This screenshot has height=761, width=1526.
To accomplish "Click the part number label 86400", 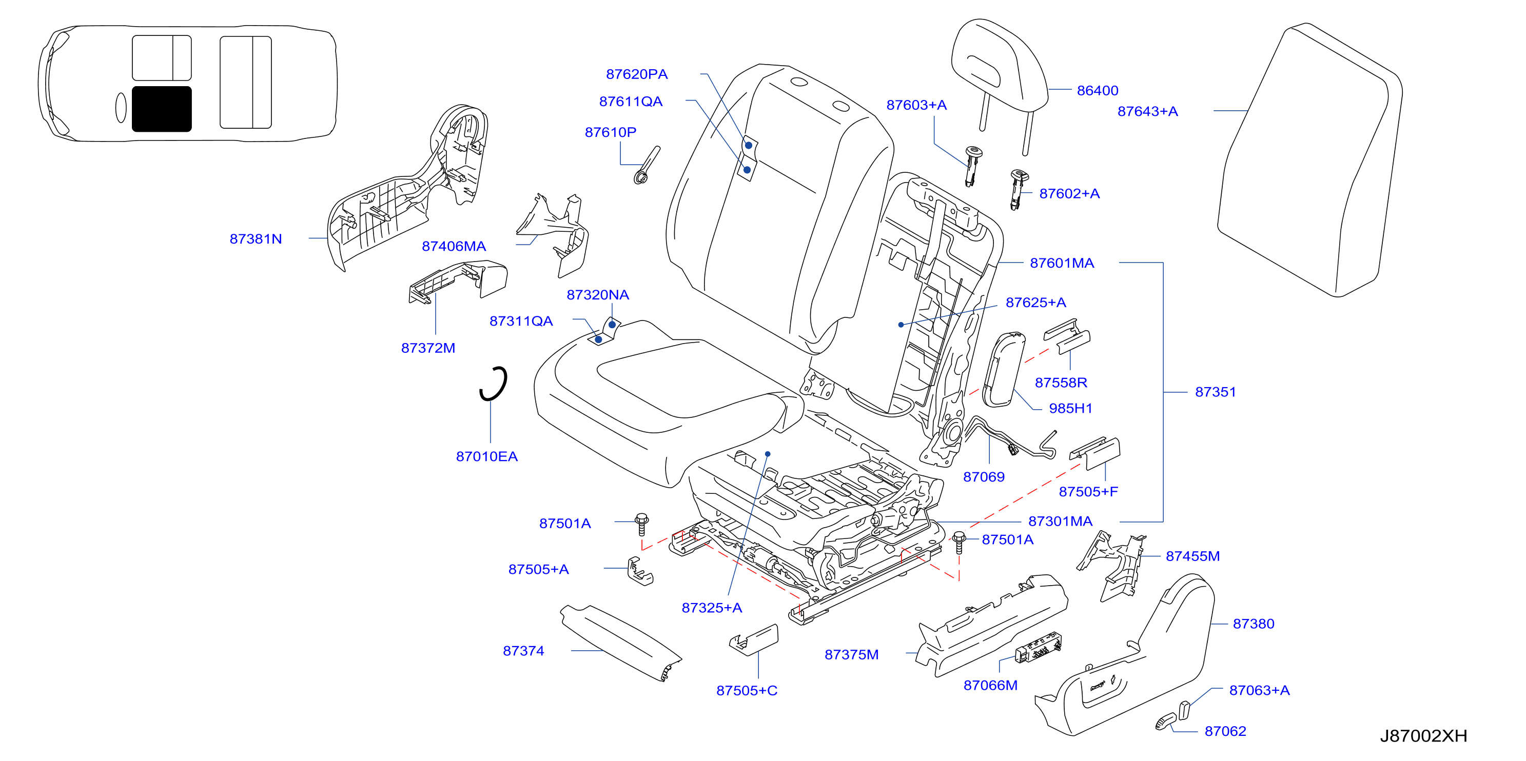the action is point(1097,91).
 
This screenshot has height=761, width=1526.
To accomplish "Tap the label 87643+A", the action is point(1147,111).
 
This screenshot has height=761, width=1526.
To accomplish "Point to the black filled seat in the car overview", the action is point(162,109).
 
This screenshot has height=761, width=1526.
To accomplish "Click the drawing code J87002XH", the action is point(1423,735).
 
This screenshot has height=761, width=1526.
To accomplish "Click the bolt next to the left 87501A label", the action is point(641,524).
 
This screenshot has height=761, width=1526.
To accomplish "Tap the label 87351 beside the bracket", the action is point(1215,392).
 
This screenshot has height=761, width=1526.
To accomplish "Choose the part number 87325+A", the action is point(712,608).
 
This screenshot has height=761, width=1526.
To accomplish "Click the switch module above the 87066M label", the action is point(1039,647).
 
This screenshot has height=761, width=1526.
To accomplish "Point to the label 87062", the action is point(1225,731).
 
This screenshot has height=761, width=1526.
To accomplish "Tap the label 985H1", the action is point(1070,408).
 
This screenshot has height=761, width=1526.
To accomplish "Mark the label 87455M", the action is point(1192,556).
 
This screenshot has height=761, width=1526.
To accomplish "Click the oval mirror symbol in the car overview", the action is point(121,108).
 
